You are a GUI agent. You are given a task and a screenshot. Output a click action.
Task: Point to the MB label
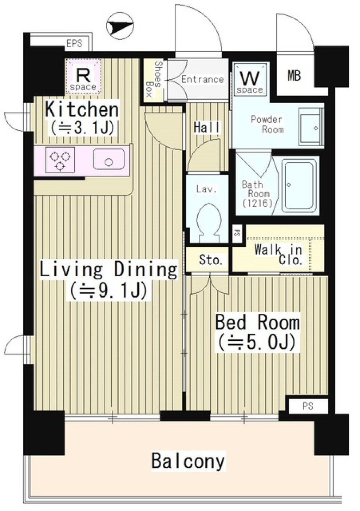click(294, 76)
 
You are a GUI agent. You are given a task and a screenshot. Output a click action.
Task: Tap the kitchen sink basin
click(109, 159)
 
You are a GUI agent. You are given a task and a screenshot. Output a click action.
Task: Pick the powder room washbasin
click(310, 128)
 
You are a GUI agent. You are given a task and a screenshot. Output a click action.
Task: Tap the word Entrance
click(202, 79)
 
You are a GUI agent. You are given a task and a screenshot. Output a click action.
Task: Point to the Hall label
click(207, 127)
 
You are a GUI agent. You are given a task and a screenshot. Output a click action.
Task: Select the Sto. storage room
click(210, 259)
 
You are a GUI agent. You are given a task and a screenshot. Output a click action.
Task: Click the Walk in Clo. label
click(278, 255)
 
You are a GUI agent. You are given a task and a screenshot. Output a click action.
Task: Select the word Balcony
click(188, 461)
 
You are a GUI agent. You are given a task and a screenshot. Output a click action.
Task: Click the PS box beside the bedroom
click(308, 406)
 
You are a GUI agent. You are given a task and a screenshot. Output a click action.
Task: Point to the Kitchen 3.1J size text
click(82, 128)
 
